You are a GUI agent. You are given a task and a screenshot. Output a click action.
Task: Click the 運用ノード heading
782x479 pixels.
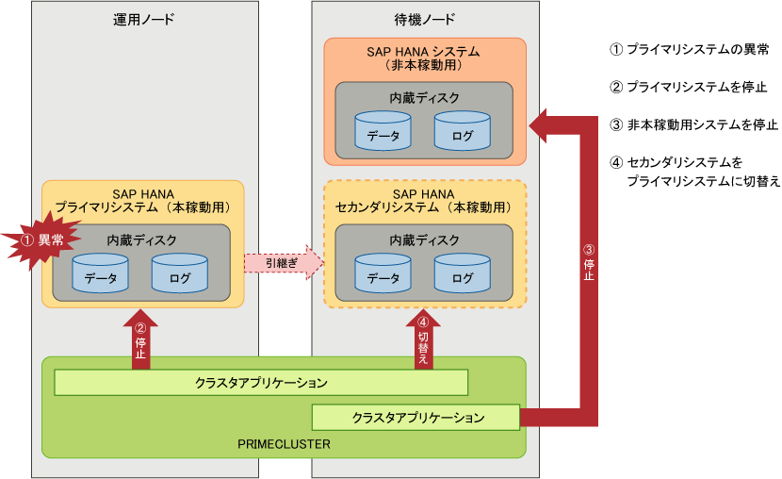pos(143,20)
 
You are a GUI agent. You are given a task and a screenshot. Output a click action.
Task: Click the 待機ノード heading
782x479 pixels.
pos(424,20)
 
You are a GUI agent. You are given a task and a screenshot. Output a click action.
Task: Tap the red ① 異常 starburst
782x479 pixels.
pos(41,240)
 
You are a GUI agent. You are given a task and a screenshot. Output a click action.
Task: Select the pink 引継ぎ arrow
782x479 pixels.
pos(284,262)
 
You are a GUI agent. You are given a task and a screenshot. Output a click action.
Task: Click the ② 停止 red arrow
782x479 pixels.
pos(140,339)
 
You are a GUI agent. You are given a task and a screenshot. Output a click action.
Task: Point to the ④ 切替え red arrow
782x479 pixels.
pos(423,339)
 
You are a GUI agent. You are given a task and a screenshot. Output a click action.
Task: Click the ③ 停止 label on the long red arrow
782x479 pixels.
pos(589,262)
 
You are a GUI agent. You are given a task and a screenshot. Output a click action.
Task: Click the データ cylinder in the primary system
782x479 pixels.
pos(100,273)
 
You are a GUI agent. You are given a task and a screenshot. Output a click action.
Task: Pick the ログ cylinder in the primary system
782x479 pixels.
pos(180,273)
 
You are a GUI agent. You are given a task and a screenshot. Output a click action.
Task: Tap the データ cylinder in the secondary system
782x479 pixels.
pos(383,273)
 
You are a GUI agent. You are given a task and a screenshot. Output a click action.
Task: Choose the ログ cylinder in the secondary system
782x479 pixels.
pos(463,273)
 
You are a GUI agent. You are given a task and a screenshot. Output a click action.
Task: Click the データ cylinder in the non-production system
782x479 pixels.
pos(383,131)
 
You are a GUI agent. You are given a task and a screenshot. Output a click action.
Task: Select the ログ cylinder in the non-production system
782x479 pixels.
pos(463,131)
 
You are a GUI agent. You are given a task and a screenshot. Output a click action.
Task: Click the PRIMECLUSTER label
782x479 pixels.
pos(284,444)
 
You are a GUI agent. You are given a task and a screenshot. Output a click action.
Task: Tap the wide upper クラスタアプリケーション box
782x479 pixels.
pos(261,383)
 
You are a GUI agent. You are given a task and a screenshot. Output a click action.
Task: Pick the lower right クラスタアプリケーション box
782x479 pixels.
pos(415,418)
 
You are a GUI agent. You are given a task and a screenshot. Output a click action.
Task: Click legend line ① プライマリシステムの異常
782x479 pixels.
pos(690,49)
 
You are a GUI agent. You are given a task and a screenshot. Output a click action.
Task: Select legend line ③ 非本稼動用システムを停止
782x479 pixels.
pos(693,124)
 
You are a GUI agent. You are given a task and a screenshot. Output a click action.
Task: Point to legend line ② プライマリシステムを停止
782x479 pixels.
pos(688,87)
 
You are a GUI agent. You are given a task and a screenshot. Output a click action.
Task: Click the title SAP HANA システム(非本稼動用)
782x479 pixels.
pos(423,58)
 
